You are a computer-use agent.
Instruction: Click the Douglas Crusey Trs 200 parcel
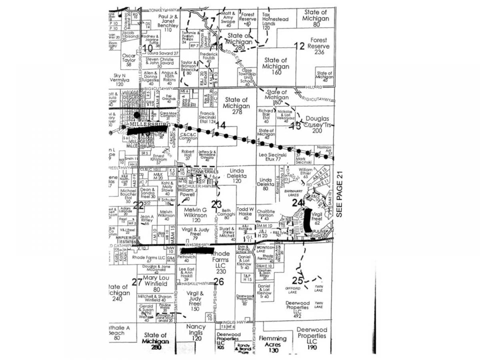pos(317,124)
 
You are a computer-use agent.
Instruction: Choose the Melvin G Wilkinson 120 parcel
pos(196,215)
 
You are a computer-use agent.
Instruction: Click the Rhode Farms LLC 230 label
pos(220,262)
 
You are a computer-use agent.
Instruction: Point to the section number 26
pos(218,282)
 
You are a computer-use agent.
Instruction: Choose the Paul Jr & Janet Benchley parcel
pos(168,23)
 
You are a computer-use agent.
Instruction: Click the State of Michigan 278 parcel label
pos(237,106)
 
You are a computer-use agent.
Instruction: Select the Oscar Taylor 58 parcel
pos(128,60)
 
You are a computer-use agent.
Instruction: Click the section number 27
pos(137,282)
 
